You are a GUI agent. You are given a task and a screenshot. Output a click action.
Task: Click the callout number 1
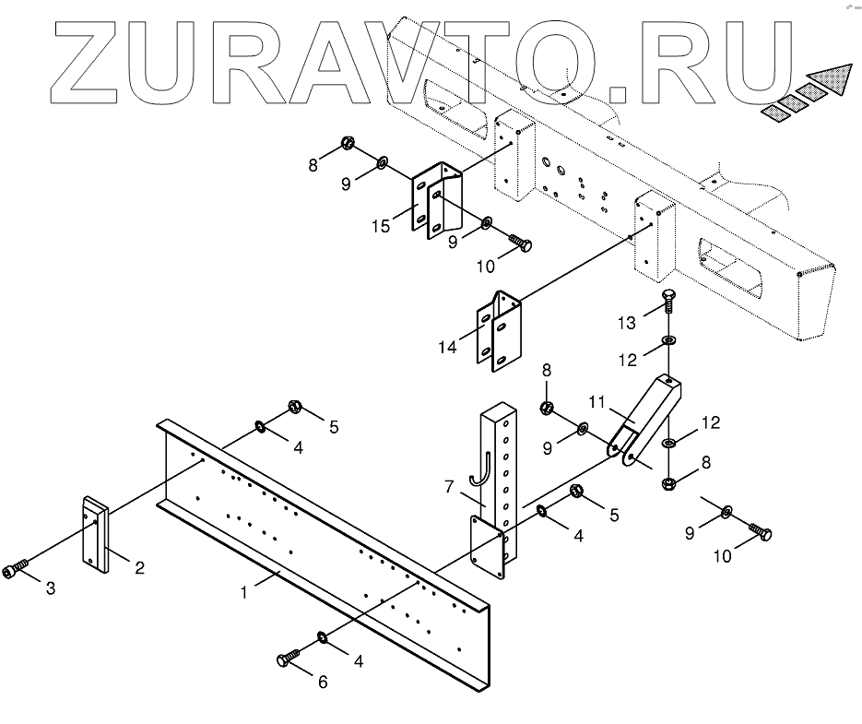pyautogui.click(x=243, y=593)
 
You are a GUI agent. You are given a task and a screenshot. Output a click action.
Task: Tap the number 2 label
pyautogui.click(x=139, y=568)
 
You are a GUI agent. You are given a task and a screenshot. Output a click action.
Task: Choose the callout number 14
pyautogui.click(x=448, y=347)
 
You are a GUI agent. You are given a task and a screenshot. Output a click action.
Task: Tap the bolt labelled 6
pyautogui.click(x=286, y=659)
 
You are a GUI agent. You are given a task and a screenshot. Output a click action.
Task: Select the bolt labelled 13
pyautogui.click(x=670, y=302)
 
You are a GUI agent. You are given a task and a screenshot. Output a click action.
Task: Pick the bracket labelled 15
pyautogui.click(x=435, y=201)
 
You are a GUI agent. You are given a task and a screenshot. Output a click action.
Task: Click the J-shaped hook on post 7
pyautogui.click(x=478, y=467)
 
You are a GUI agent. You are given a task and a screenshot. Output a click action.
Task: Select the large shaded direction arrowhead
pyautogui.click(x=826, y=80)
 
